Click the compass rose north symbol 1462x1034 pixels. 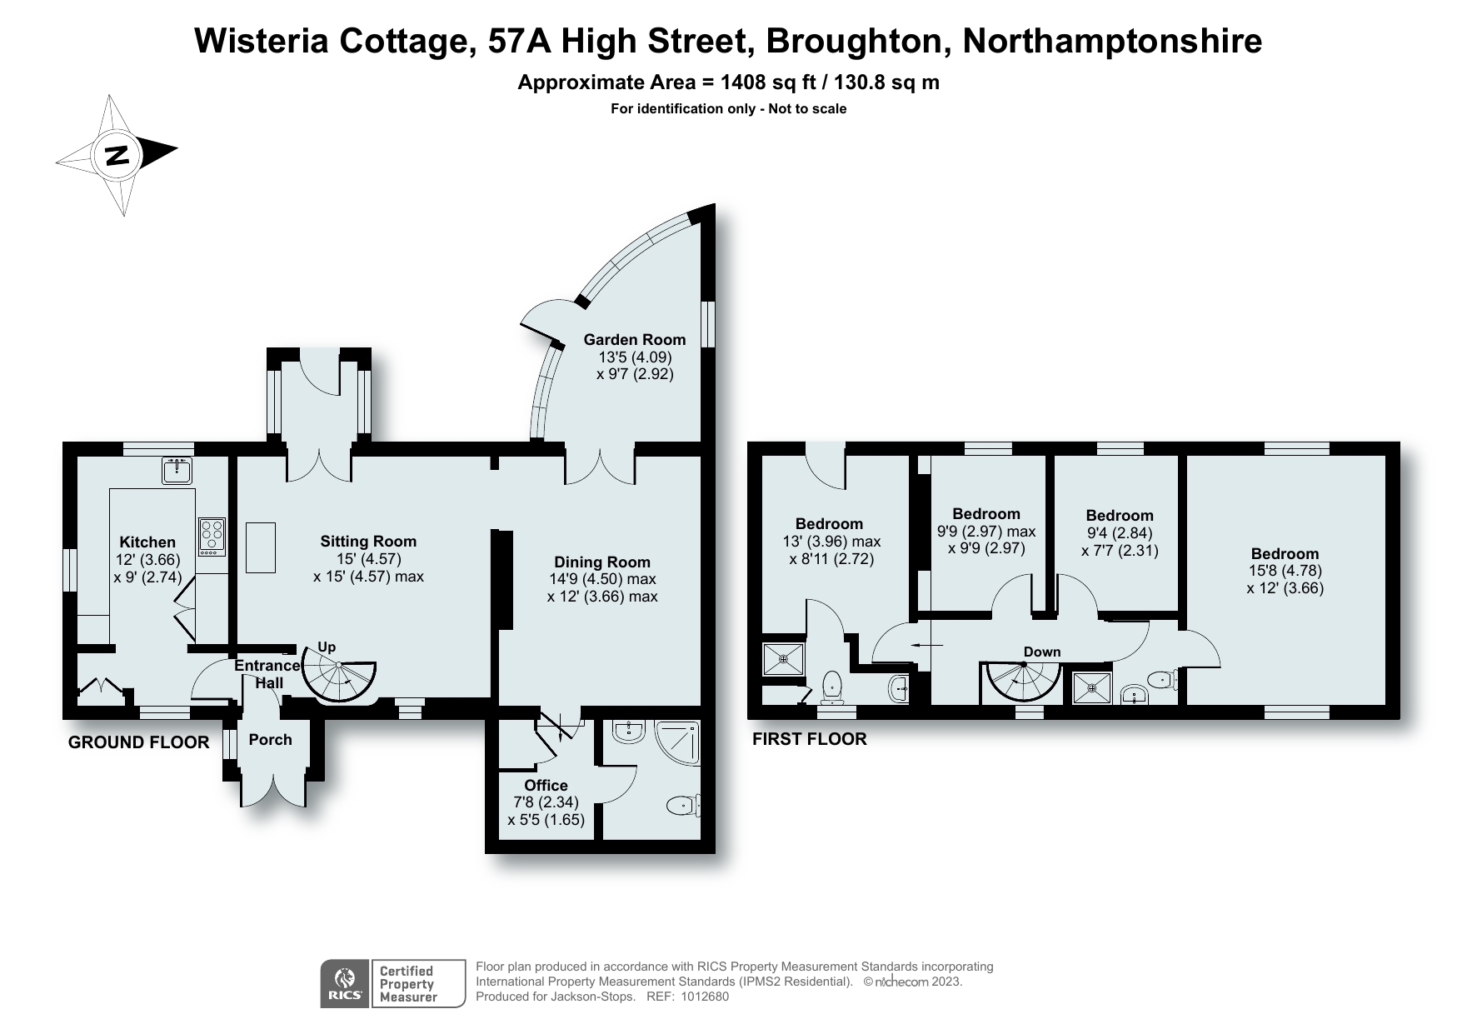tap(117, 155)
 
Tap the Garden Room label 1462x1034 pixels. tap(634, 339)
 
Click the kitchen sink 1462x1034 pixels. tap(177, 471)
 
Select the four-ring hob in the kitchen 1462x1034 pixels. tap(212, 537)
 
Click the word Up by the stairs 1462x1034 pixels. tap(327, 647)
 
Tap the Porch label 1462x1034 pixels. tap(270, 739)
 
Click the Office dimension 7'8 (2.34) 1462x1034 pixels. tap(546, 802)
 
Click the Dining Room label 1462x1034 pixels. tap(601, 562)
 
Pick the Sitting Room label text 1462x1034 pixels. tap(368, 541)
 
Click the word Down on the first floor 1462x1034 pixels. tap(1041, 652)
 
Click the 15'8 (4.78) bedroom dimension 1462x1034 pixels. tap(1285, 571)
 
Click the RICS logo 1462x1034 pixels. tap(345, 983)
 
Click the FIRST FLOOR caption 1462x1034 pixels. tap(809, 738)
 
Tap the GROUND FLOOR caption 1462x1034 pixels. tap(138, 742)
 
